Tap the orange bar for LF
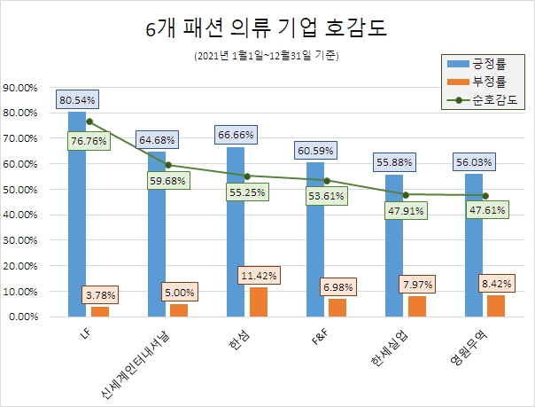(x=99, y=311)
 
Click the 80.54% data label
(x=77, y=99)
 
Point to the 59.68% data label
(x=167, y=181)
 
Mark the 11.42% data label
(x=258, y=276)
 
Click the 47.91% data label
(x=405, y=211)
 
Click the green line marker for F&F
(x=327, y=180)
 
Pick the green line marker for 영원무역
(x=485, y=196)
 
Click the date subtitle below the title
(x=267, y=56)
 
